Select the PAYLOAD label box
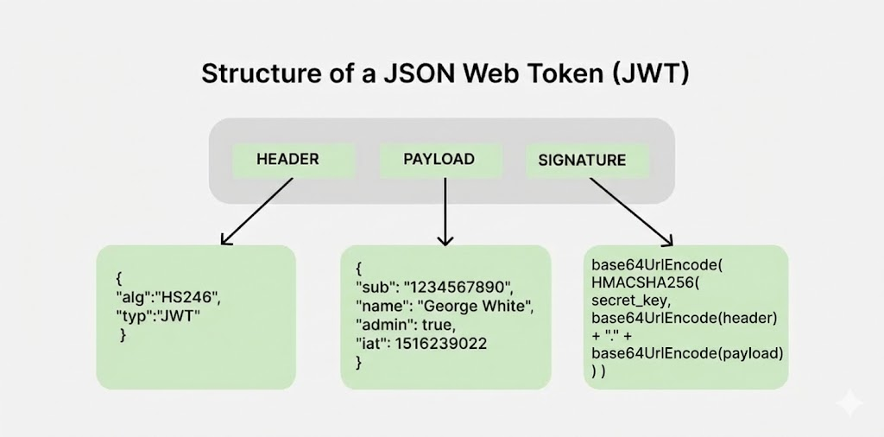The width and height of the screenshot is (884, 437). [x=439, y=160]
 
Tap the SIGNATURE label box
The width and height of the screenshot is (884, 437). [x=582, y=161]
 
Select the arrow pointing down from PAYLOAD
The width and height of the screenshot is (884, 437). [x=445, y=212]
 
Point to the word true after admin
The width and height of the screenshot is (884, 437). [x=437, y=326]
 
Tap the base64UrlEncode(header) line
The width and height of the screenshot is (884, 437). [x=685, y=319]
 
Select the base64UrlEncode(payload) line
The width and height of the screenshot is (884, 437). [x=687, y=353]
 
